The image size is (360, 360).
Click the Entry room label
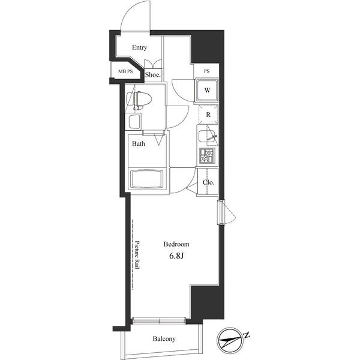point(140,48)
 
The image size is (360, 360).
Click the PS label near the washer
point(206,71)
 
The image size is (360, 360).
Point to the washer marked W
point(206,91)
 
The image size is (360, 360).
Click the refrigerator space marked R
point(208,114)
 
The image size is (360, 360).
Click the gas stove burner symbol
point(207,156)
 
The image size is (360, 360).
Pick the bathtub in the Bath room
point(146,179)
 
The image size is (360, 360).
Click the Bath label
point(139,144)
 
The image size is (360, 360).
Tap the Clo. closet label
point(208,182)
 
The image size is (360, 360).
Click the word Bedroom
point(177,244)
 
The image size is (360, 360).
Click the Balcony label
point(164,339)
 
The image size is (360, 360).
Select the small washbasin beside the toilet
point(134,122)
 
